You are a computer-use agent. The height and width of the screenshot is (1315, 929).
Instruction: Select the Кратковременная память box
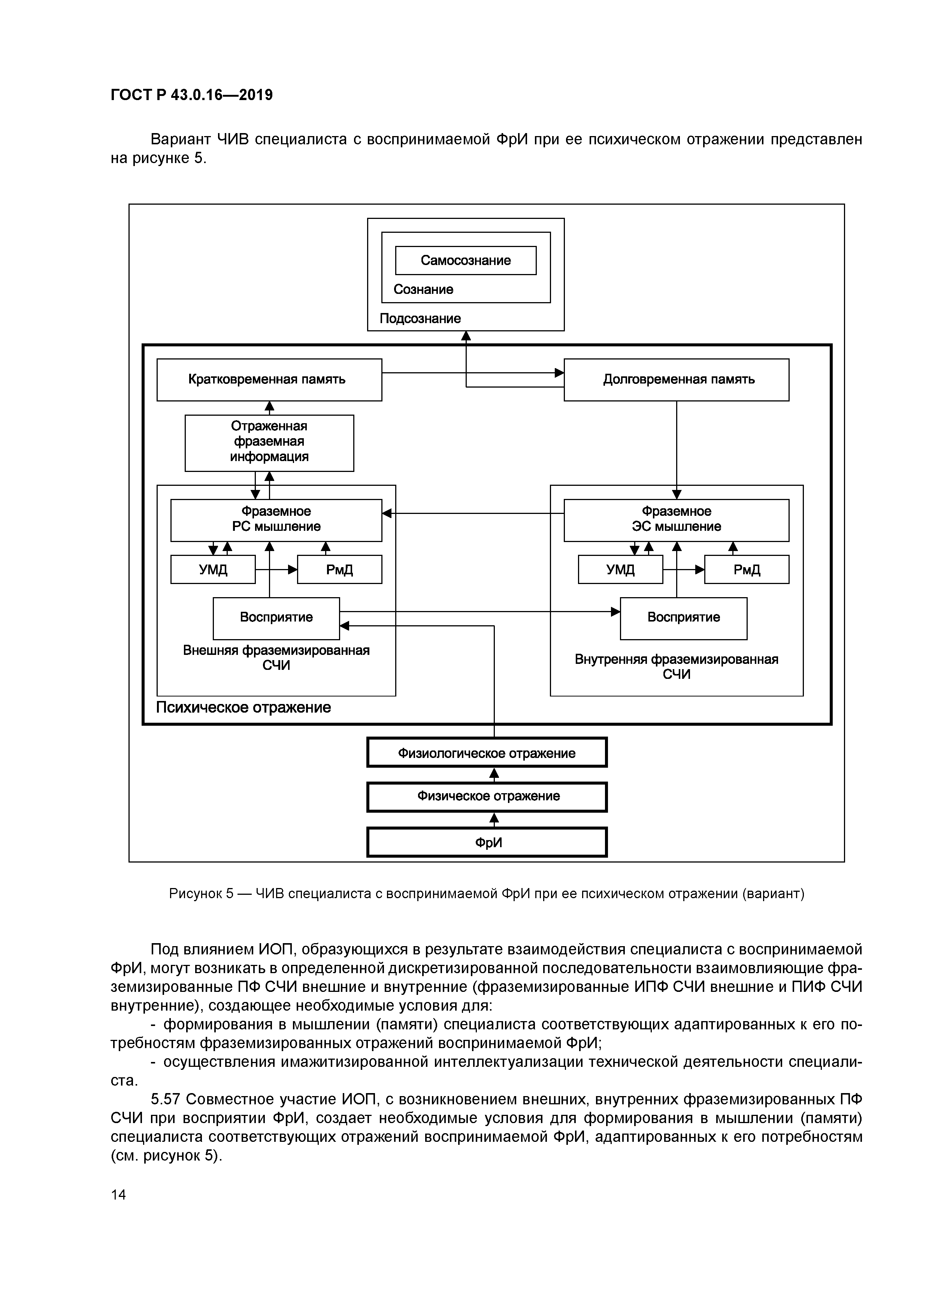point(269,379)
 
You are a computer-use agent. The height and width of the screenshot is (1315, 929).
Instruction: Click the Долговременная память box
point(676,379)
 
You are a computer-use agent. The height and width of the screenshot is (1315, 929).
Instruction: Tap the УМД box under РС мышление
point(213,569)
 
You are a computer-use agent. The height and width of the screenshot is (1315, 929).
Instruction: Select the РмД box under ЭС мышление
point(747,569)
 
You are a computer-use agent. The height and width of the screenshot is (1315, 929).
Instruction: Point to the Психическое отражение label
point(243,707)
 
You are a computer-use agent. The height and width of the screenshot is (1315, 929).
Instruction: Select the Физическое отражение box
point(487,797)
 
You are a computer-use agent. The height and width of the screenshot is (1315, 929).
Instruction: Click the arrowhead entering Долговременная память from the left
point(559,373)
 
